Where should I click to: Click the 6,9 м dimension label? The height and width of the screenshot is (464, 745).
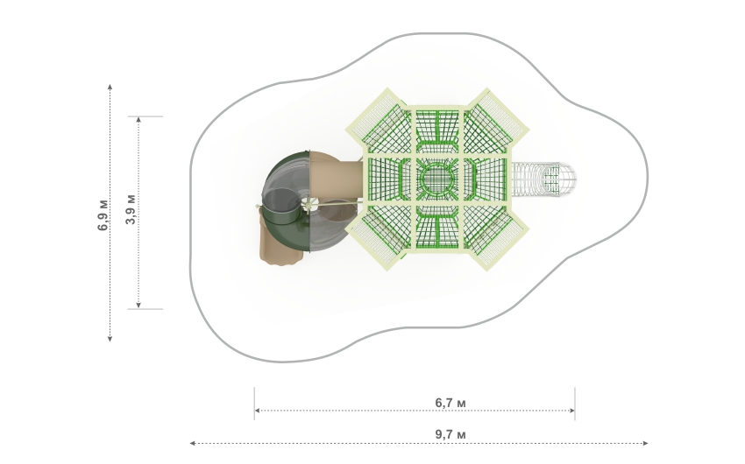coord(103,215)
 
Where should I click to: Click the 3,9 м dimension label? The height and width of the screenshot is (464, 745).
coord(131,209)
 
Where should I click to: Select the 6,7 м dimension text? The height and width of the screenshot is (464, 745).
coord(451,403)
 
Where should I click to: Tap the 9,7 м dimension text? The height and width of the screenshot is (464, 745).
coord(451,434)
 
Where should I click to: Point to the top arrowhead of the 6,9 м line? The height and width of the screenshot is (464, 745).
coord(110,87)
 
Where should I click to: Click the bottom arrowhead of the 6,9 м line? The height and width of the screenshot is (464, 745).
coord(110,338)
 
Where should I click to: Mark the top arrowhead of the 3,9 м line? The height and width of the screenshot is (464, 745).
coord(138,120)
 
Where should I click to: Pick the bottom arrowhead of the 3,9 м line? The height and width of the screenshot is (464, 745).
coord(138,305)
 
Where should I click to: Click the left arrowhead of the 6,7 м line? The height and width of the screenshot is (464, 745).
coord(258,411)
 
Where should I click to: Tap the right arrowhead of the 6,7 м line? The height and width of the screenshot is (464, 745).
coord(571,411)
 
